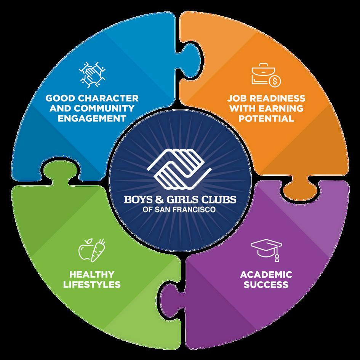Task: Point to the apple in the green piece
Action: (x=85, y=250)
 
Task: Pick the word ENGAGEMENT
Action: (x=91, y=118)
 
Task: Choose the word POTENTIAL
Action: (x=267, y=118)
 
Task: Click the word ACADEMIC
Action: (x=266, y=274)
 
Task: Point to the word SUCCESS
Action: (x=266, y=284)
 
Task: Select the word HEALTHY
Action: (x=91, y=274)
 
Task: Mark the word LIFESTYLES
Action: (x=91, y=284)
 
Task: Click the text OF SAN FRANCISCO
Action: (x=179, y=210)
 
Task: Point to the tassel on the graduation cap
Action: (x=277, y=257)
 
